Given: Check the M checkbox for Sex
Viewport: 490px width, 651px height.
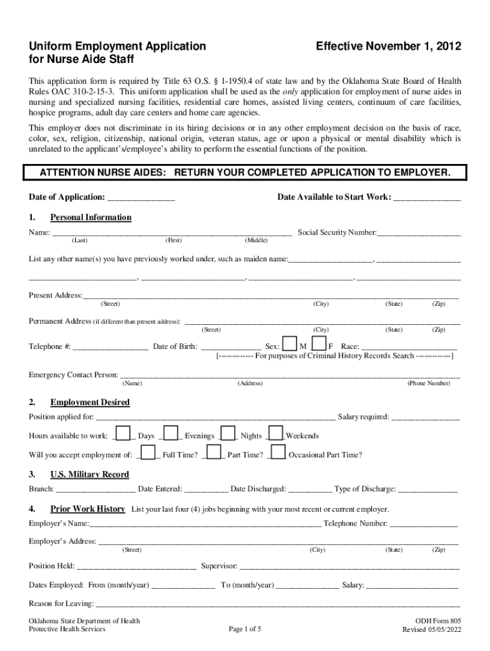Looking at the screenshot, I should point(289,344).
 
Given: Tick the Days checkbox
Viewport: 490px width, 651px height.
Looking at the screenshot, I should point(124,433).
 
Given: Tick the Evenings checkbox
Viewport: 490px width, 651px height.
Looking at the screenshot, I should point(171,433).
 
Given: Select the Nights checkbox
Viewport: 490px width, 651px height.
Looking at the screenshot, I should point(228,433).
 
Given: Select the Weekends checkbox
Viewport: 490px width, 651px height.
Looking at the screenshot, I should point(276,433).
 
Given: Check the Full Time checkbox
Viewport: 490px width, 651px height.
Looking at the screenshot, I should point(149,452).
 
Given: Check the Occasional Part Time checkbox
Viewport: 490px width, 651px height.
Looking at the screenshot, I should point(278,452).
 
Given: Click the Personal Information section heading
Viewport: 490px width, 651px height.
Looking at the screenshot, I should point(91,217).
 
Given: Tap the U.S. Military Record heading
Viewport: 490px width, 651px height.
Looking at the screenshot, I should point(90,474).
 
